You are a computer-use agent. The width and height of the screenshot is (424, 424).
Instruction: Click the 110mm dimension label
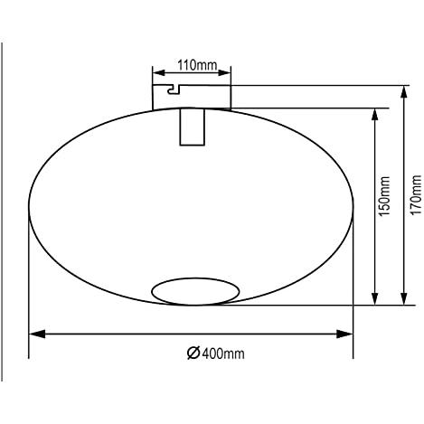coord(197,65)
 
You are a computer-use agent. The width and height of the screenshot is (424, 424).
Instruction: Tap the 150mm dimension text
coord(384,196)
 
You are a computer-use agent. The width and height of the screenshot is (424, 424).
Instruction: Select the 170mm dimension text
coord(416,194)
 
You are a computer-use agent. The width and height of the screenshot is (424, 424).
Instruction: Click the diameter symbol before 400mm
coord(193,353)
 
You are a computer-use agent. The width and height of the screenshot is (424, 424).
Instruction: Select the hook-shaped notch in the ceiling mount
coord(174,90)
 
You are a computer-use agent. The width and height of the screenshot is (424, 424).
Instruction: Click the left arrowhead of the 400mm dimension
coord(37,334)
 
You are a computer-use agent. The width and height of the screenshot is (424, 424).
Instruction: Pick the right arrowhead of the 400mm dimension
coord(344,334)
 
